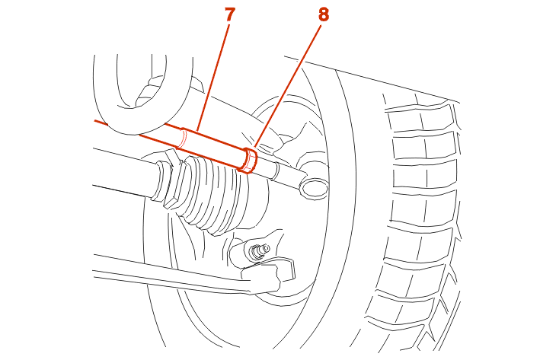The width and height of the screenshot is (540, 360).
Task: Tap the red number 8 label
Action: (x=323, y=14)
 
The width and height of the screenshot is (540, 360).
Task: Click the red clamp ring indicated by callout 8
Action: (x=248, y=160)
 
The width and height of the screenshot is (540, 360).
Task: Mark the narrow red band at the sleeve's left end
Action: (x=183, y=138)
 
